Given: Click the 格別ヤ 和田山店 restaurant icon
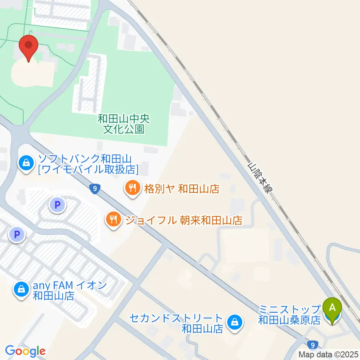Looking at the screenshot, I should pos(132,187).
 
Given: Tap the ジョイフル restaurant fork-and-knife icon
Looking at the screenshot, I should pos(113,219).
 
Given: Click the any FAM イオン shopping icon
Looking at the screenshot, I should pos(21,290).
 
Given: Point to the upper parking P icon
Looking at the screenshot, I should pos(57,205).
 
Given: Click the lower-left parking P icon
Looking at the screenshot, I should pos(16,235).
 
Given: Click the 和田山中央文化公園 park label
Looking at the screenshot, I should pos(124,124).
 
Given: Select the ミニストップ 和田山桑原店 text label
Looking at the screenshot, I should pos(289,315).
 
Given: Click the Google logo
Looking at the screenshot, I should pos(25,351).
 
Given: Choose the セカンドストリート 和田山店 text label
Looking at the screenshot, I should pos(177,323).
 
